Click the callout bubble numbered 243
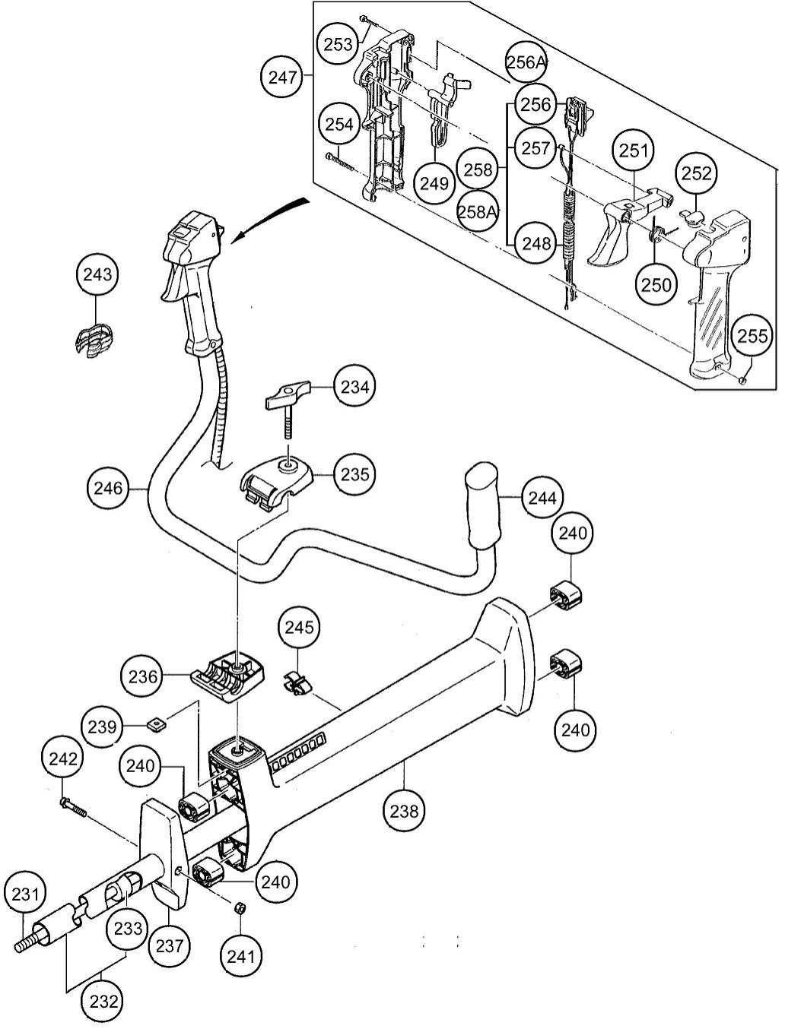(x=97, y=274)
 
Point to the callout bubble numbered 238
(x=404, y=811)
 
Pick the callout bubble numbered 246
(x=107, y=488)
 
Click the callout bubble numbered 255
(x=752, y=335)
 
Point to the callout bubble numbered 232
(x=103, y=1001)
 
